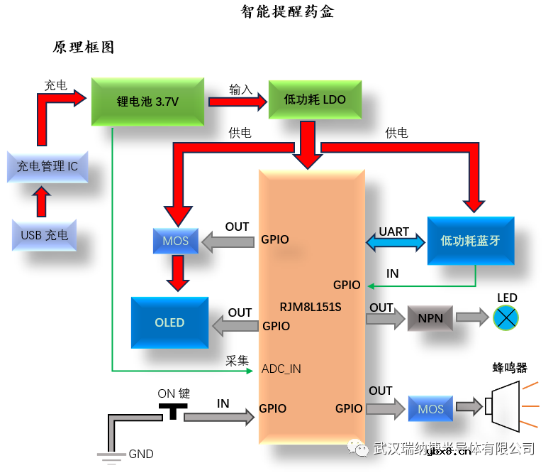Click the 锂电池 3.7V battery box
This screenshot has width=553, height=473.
(x=147, y=102)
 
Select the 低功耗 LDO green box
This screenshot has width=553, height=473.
(x=315, y=100)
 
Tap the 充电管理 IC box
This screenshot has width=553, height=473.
(x=48, y=166)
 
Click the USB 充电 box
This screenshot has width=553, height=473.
(x=45, y=234)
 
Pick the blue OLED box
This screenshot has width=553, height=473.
(x=169, y=322)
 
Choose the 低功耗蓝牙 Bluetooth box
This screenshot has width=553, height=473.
(x=470, y=241)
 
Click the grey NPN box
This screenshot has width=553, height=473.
(x=430, y=317)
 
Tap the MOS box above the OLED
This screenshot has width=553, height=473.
(x=175, y=241)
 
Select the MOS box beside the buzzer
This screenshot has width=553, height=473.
(x=430, y=408)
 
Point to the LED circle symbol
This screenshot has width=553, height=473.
(x=506, y=317)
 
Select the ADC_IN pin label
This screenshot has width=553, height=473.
(x=281, y=369)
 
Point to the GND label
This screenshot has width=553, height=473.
(x=140, y=454)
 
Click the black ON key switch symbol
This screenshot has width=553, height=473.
(x=172, y=410)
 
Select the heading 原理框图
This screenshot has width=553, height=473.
(x=84, y=48)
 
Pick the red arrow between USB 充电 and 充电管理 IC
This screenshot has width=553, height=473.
(x=43, y=201)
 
